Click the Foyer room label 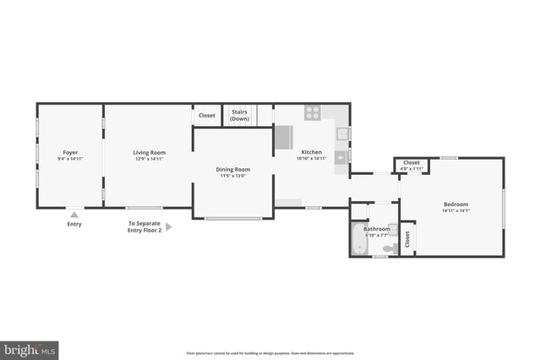(x=70, y=153)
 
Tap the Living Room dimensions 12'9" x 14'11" (x=148, y=159)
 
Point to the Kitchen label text (x=311, y=152)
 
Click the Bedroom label (x=456, y=204)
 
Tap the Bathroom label (x=377, y=229)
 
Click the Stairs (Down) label (x=239, y=116)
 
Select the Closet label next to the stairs (x=207, y=115)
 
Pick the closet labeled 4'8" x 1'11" (x=411, y=168)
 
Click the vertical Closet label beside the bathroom (x=407, y=239)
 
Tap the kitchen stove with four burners (x=312, y=111)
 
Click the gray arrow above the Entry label (x=74, y=215)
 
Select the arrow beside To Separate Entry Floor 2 (x=168, y=226)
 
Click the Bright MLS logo (x=30, y=349)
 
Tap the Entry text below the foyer (x=74, y=224)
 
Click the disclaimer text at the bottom (x=270, y=353)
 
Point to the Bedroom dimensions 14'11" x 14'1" (x=456, y=210)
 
